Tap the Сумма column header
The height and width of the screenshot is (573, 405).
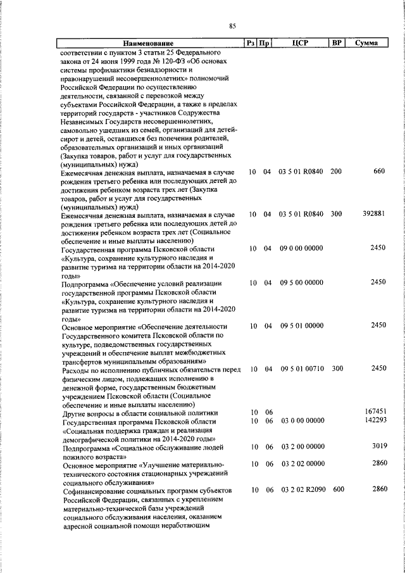[367, 43]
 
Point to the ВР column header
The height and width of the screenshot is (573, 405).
[337, 43]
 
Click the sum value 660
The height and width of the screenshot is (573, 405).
[379, 172]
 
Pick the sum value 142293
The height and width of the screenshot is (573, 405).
[375, 420]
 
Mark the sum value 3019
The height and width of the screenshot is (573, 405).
[378, 446]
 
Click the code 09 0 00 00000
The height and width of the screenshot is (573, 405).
[301, 248]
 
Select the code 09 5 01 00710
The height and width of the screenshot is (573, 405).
[301, 368]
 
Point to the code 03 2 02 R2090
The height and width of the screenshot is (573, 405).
[301, 490]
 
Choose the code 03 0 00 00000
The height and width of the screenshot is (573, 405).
[301, 420]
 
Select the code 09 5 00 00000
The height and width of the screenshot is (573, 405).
[301, 282]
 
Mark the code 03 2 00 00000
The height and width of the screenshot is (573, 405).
[301, 446]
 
